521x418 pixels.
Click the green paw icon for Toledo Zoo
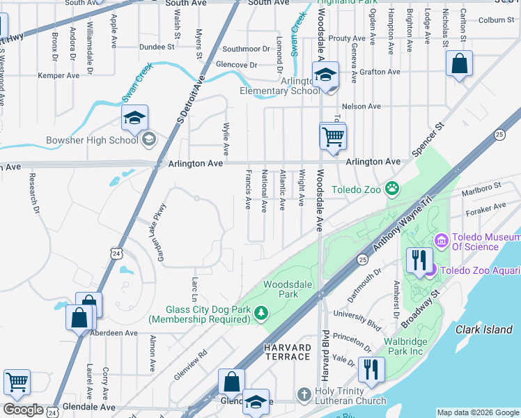[393, 187]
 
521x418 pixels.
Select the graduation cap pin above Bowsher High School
[135, 118]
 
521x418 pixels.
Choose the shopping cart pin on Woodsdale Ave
[333, 136]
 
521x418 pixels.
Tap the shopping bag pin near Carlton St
[460, 65]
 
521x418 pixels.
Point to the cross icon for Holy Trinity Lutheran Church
[303, 394]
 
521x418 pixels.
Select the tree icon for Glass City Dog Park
[261, 314]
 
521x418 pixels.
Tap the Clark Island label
[484, 330]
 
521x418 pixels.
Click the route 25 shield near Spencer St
[499, 134]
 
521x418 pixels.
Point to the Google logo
[22, 410]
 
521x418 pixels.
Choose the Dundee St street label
[156, 47]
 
